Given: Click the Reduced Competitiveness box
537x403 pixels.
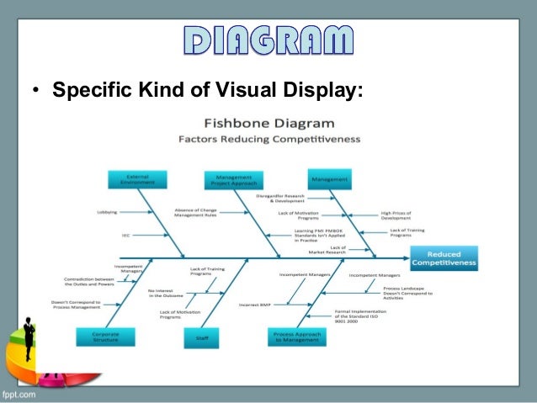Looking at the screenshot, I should pos(444,258).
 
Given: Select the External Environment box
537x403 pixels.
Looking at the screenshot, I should pos(137,179).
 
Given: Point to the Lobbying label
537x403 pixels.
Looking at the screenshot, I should pos(107,212).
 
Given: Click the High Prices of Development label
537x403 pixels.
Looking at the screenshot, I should pos(396,215).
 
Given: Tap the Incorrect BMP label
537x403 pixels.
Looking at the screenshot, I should pos(253,304).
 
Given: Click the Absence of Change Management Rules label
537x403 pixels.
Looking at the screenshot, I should pos(195,212).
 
